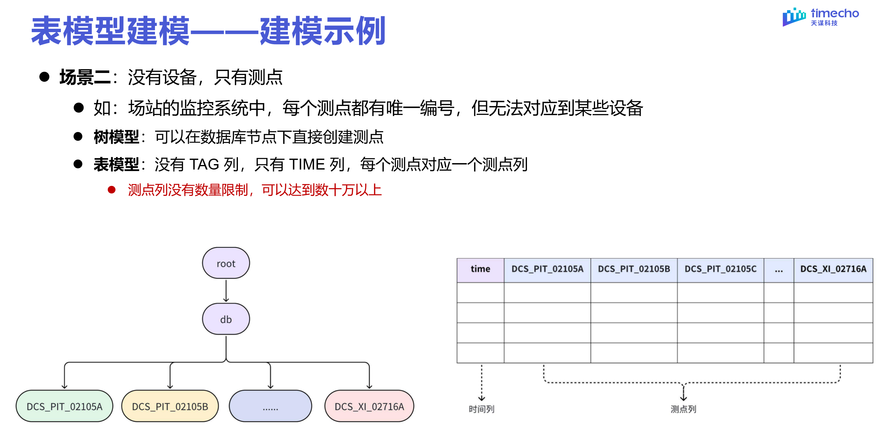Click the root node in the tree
pos(226,263)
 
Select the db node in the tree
pos(226,319)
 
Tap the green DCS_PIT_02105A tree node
pos(64,406)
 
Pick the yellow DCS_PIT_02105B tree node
pos(170,406)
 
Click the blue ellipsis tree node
pos(270,406)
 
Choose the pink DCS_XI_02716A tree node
pos(369,406)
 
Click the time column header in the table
pos(480,269)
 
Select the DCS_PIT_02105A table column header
pos(547,269)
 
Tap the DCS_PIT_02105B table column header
pos(634,269)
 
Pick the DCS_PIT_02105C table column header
pos(720,269)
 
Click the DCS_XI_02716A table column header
pos(833,269)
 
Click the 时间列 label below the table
pos(481,409)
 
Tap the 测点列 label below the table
pos(683,409)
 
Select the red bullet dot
pos(112,190)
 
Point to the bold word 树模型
pos(117,137)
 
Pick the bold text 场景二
pos(85,77)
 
